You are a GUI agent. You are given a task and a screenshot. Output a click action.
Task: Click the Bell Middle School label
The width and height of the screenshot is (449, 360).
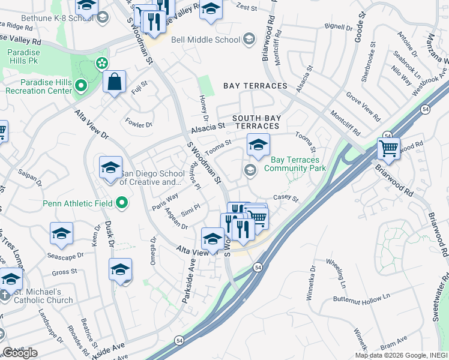coord(205,40)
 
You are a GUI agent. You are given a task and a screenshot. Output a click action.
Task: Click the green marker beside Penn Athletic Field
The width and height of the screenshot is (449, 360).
coord(122,203)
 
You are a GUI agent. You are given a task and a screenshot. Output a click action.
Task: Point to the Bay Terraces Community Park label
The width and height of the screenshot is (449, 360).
coord(298,164)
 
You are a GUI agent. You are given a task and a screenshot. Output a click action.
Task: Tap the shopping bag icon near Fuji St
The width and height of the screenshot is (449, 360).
coord(114,82)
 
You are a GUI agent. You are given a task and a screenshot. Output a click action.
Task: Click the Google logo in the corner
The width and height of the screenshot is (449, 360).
coord(20,353)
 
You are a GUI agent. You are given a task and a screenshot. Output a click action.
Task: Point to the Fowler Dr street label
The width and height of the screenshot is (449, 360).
coord(139,124)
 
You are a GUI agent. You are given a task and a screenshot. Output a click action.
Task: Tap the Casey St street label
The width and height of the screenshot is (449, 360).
coord(286,197)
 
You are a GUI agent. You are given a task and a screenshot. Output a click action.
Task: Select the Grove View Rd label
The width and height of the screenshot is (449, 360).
coord(363,104)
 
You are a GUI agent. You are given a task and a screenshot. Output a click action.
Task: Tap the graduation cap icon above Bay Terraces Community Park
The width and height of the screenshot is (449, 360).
coord(258,145)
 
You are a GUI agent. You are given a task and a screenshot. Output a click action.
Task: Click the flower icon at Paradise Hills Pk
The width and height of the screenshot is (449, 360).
coord(101,63)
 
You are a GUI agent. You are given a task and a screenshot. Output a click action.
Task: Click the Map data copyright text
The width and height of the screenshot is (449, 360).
coord(400,355)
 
